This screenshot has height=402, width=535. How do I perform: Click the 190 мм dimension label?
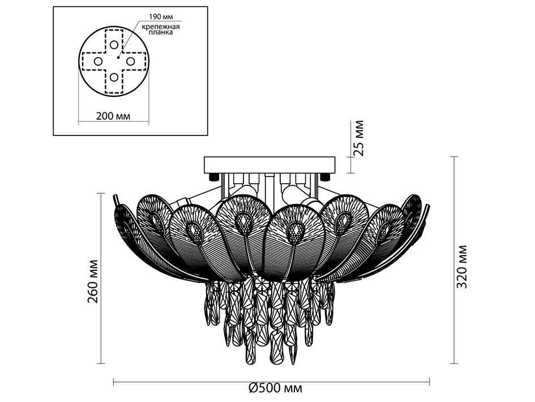pos(161,17)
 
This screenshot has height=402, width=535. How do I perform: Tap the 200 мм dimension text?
pos(113,116)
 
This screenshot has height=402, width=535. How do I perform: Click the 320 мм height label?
pos(461,266)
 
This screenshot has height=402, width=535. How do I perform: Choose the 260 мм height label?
pos(93,281)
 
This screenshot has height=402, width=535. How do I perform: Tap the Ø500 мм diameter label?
pos(276,388)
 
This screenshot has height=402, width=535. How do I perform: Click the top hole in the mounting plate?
pos(114,44)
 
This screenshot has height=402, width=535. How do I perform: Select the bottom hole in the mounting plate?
pos(114,78)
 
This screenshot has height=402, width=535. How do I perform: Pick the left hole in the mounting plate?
pos(98,62)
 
